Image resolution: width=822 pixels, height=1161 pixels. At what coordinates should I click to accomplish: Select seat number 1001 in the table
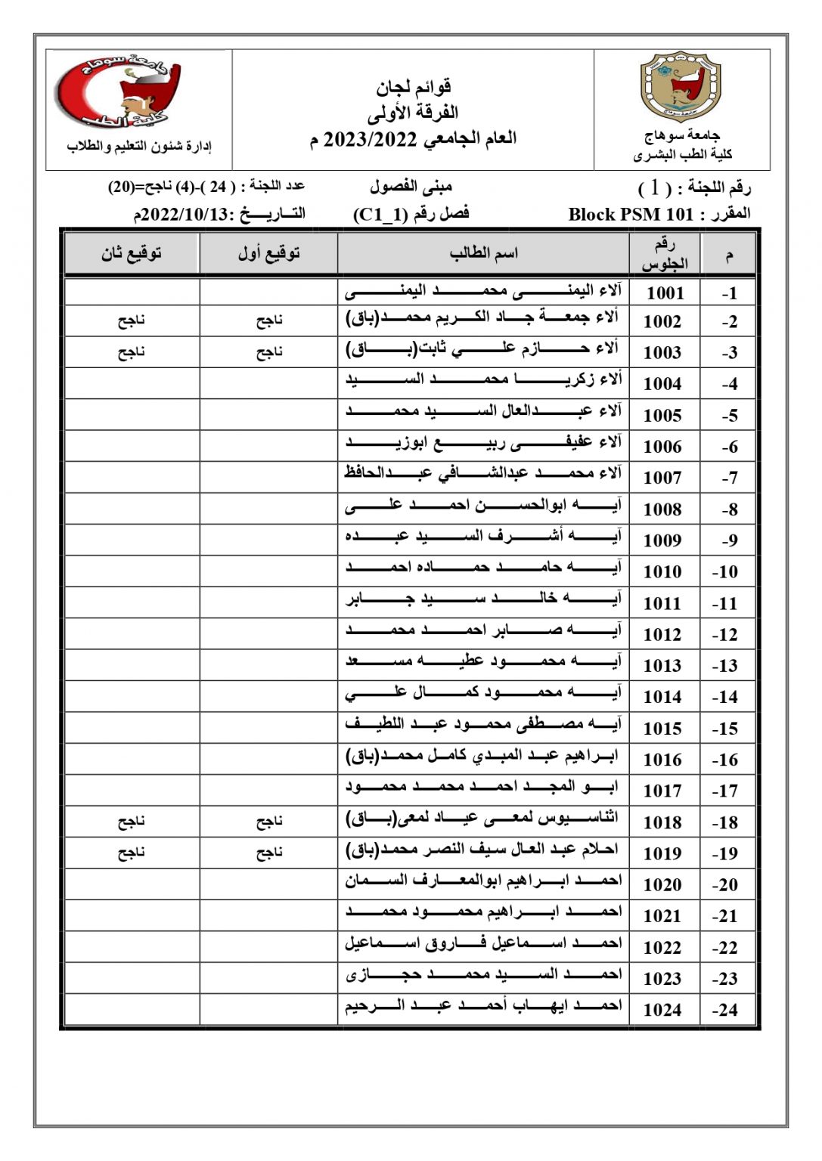coord(664,293)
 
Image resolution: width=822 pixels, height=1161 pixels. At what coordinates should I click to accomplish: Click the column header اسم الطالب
coord(483,253)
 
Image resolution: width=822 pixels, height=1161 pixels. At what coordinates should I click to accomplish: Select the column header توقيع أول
coord(268,253)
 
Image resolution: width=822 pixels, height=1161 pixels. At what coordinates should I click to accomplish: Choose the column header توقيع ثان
coord(132,253)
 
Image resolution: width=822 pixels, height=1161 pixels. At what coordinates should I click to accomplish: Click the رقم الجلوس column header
coord(664,254)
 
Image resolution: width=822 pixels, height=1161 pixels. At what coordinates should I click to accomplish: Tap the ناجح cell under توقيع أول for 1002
coord(268,320)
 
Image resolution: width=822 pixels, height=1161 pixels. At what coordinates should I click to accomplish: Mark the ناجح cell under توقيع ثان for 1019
coord(132,853)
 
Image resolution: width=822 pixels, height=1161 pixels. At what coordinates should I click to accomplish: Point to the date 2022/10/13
coord(185,215)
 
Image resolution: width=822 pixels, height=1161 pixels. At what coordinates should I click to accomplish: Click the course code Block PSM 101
coord(631,215)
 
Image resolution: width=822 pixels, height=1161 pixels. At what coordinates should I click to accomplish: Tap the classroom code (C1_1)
coord(380,215)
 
